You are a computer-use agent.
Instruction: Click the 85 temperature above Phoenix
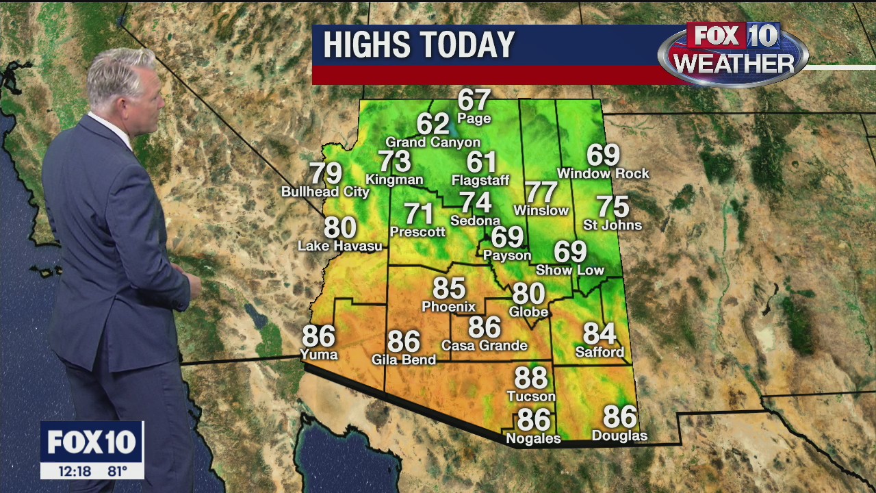click(x=449, y=289)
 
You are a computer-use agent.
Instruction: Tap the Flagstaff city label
click(x=480, y=181)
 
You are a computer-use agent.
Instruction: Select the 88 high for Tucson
click(x=531, y=378)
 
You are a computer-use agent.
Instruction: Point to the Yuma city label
click(x=319, y=354)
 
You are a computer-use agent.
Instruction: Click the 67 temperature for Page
click(x=474, y=100)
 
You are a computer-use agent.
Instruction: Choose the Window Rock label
click(x=603, y=174)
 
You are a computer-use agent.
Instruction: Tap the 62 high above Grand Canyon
click(x=433, y=124)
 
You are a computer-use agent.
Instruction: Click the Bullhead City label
click(x=325, y=192)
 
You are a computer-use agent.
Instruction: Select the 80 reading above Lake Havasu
click(x=340, y=227)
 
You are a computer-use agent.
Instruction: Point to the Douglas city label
click(x=619, y=435)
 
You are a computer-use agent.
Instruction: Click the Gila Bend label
click(x=404, y=359)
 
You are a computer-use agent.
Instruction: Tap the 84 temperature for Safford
click(x=600, y=334)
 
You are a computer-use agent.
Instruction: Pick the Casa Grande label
click(x=485, y=346)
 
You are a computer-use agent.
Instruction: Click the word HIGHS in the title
click(x=365, y=46)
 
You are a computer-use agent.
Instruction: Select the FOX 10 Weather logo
click(x=733, y=53)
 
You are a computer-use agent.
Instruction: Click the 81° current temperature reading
click(x=118, y=471)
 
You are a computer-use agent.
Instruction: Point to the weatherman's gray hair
click(x=120, y=72)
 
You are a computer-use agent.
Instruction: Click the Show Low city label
click(x=570, y=270)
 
